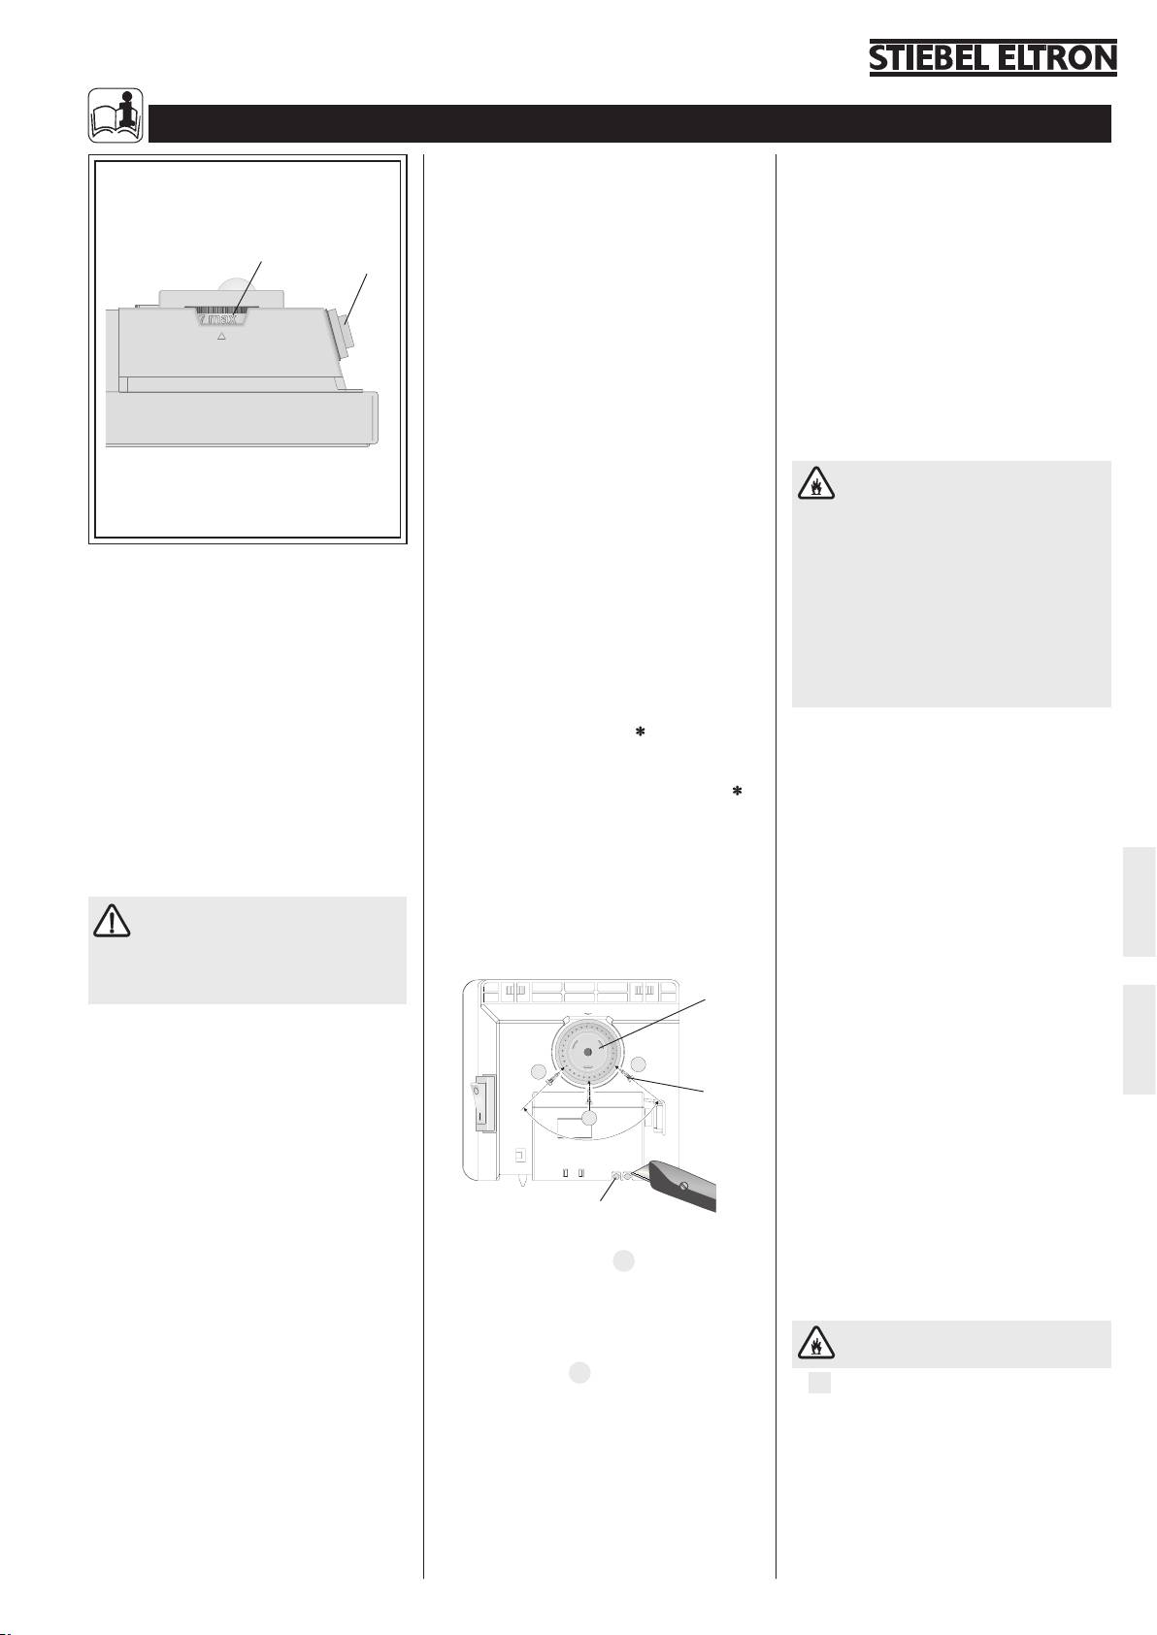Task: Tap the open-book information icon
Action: click(x=116, y=115)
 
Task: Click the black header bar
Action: click(x=629, y=123)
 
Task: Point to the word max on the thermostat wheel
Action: click(x=221, y=319)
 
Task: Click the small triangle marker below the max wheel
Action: click(x=221, y=336)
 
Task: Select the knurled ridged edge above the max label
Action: click(x=219, y=310)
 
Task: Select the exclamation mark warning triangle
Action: click(x=112, y=921)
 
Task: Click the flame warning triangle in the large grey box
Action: click(x=816, y=483)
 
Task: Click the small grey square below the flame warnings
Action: click(x=819, y=1383)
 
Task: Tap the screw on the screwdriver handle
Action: click(x=684, y=1187)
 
